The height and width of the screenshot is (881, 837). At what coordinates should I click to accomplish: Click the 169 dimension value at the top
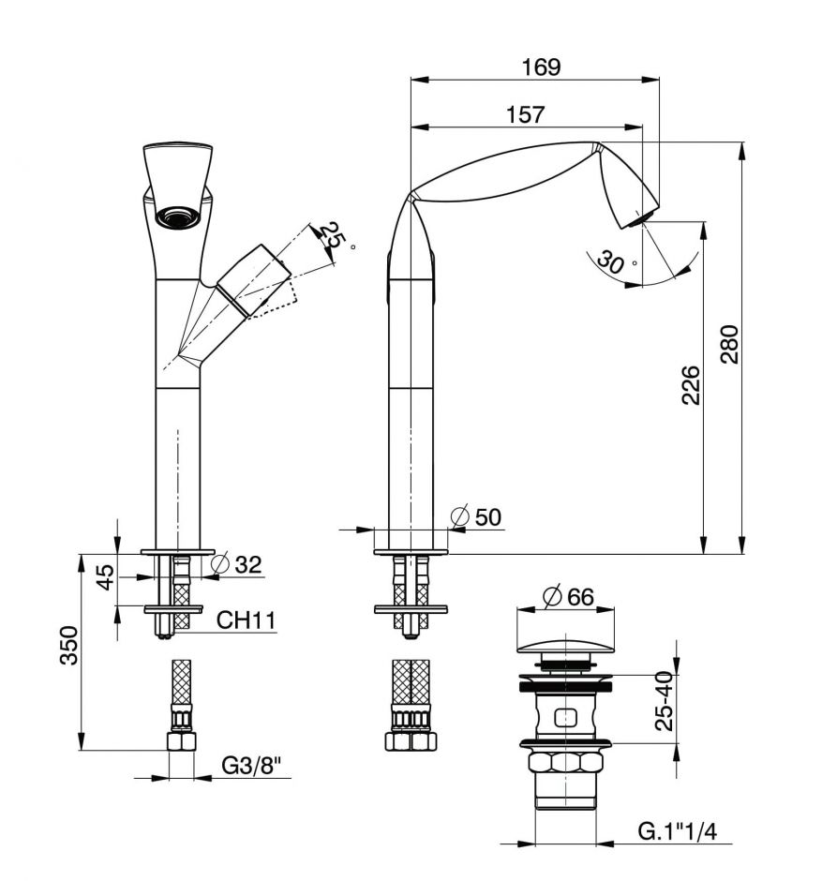tap(541, 67)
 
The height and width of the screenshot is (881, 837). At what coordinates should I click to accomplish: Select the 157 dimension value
tap(526, 114)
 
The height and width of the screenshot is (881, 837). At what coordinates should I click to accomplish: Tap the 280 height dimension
tap(729, 345)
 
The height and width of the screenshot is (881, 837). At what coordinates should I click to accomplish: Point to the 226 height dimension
tap(689, 385)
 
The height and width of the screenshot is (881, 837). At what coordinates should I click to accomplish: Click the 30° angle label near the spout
tap(611, 263)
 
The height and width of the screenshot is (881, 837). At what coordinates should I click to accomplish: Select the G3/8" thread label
tap(252, 766)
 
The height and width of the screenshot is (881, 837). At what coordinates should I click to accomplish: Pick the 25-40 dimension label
tap(665, 701)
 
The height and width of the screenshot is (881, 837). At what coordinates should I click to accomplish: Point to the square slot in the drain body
tap(564, 719)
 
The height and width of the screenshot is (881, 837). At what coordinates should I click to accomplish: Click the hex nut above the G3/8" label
tap(182, 741)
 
